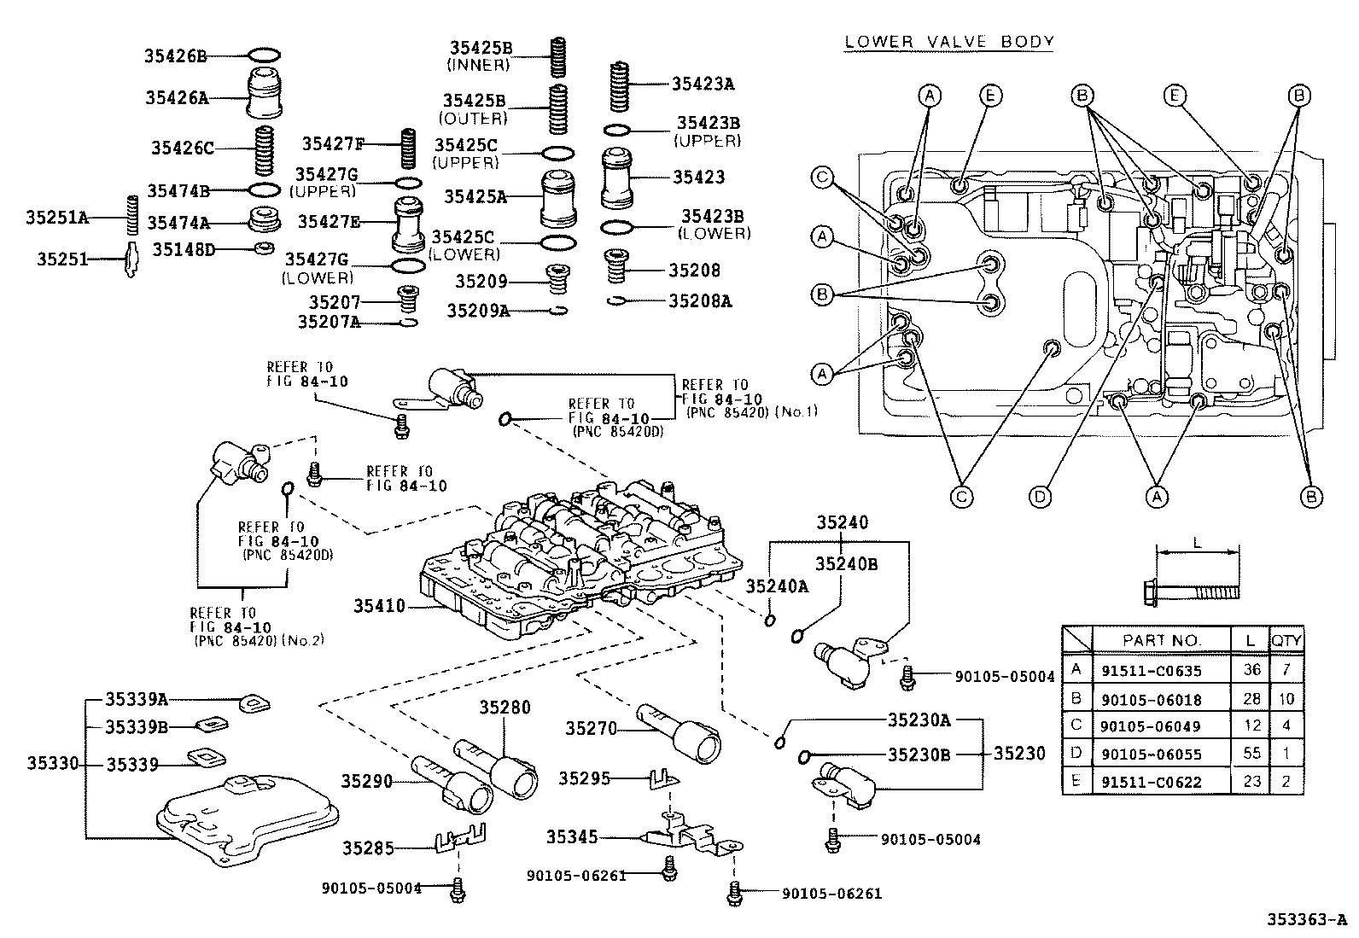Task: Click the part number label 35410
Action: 379,607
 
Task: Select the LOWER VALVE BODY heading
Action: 948,41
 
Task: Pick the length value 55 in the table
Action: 1251,753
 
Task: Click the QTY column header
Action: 1286,640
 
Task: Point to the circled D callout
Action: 1040,496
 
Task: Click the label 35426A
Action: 178,97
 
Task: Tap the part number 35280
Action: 504,707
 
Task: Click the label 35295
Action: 585,778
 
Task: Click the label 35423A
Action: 703,84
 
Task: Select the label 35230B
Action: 919,754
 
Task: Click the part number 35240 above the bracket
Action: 842,523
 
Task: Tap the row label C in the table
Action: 1076,725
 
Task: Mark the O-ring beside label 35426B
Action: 264,56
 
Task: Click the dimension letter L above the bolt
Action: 1197,543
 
